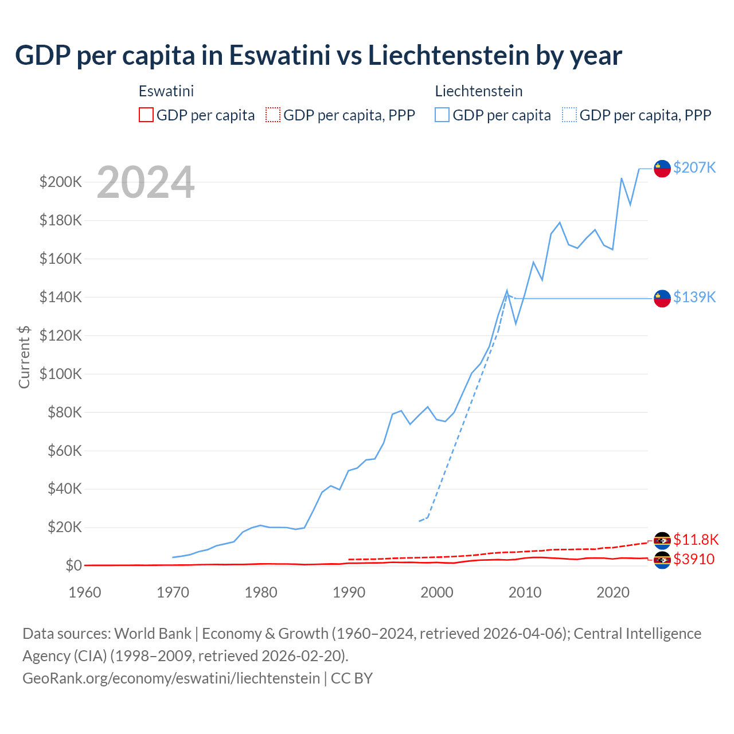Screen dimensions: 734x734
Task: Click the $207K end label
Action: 694,167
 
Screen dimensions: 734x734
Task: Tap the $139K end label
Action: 694,297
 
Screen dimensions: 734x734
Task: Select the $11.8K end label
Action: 696,540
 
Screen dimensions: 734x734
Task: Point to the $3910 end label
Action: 694,559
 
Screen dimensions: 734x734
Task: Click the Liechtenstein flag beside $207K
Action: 662,169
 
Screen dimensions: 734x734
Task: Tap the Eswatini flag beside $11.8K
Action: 662,541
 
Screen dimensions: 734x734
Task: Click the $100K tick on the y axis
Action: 61,374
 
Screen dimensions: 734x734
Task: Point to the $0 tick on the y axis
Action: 73,565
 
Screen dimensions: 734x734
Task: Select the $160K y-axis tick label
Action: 61,259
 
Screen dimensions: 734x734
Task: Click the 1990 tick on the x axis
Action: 349,592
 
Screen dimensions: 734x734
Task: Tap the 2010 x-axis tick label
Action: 525,592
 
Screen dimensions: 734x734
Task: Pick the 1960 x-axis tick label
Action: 85,592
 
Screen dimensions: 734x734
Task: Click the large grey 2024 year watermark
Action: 146,182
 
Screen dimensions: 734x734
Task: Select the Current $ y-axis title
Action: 24,357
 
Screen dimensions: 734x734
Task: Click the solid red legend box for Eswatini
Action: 146,115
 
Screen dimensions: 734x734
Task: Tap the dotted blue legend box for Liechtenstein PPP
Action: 569,115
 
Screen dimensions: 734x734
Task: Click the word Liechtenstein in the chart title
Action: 448,56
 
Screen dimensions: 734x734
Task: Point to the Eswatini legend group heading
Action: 166,91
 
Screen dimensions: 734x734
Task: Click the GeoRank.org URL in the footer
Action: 171,678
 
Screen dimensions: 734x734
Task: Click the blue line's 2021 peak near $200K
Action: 622,178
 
